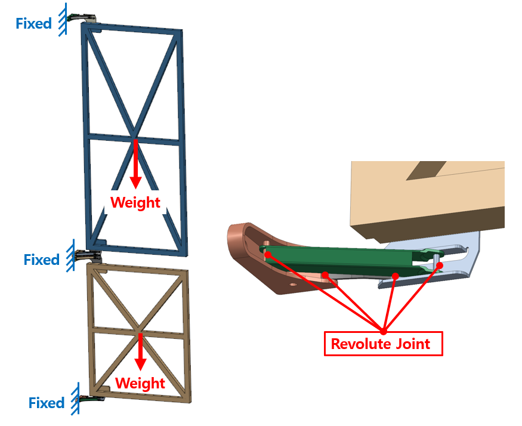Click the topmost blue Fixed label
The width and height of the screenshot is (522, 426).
pos(33,24)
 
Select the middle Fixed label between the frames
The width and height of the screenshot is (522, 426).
pos(42,260)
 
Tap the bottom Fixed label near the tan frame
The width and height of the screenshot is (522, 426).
pos(47,403)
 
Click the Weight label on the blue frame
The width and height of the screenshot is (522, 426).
pos(135,202)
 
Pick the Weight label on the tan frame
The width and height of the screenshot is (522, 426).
pos(140,382)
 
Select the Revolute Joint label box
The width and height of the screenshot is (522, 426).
pos(383,344)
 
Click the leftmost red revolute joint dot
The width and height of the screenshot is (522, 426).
pos(268,255)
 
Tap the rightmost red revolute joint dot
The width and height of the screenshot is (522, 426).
pos(440,264)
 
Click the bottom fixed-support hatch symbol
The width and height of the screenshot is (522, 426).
pos(75,399)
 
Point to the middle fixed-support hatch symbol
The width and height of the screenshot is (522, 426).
pos(70,257)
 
